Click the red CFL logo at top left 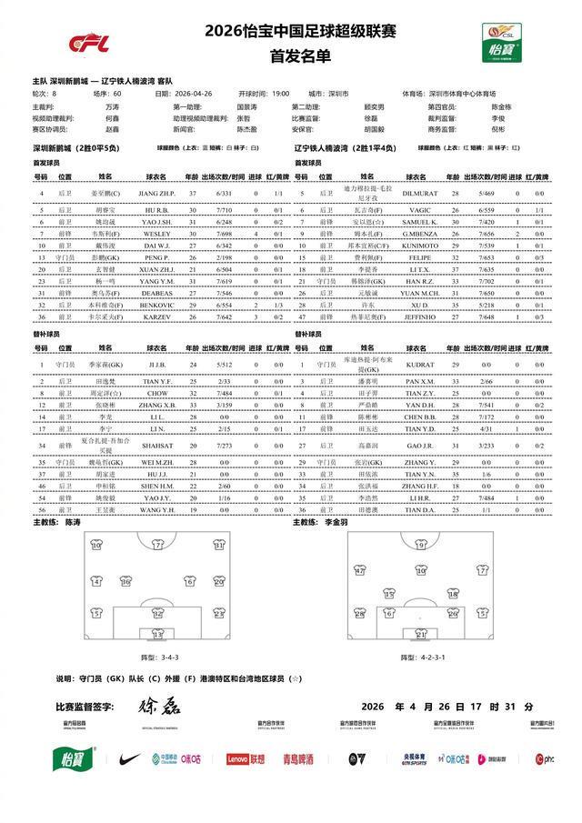pyautogui.click(x=89, y=43)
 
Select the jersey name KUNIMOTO pyautogui.click(x=420, y=246)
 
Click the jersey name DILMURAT pyautogui.click(x=420, y=194)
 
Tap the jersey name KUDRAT pyautogui.click(x=420, y=365)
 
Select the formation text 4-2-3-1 pyautogui.click(x=428, y=656)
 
